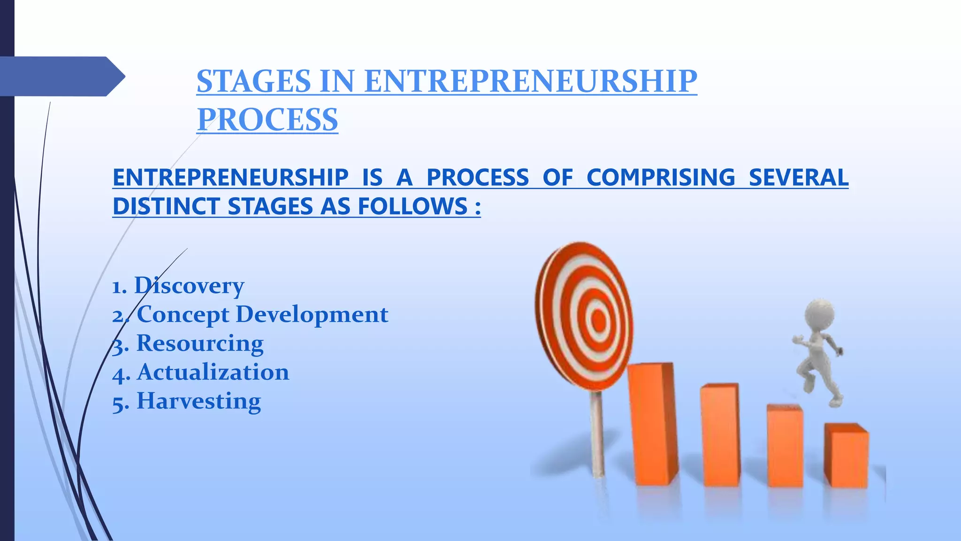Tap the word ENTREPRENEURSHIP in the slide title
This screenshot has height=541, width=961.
coord(530,81)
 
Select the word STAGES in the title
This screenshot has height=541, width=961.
coord(253,81)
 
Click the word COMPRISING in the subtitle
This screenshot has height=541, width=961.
coord(661,178)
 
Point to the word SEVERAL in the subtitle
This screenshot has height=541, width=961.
coord(798,178)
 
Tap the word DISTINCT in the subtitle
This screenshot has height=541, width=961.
coord(166,206)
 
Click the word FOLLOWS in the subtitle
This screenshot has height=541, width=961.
coord(412,206)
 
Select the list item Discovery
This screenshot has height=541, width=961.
coord(189,285)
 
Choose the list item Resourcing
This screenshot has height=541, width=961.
coord(200,343)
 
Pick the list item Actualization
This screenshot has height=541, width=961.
coord(213,372)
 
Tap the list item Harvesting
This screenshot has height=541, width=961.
coord(198,401)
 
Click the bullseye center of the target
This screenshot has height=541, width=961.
coord(598,321)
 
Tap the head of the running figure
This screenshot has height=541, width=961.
coord(820,312)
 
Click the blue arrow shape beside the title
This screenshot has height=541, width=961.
coord(61,76)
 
